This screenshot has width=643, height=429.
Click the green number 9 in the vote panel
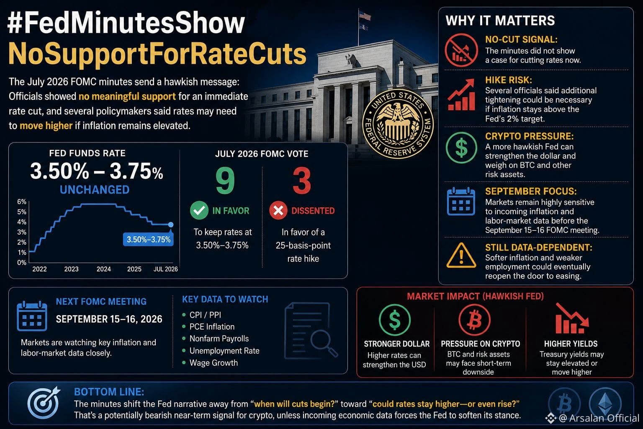tap(225, 181)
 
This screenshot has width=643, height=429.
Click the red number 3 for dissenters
tap(302, 181)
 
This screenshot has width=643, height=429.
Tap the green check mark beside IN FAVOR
tap(199, 210)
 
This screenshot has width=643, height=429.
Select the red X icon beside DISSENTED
tap(278, 210)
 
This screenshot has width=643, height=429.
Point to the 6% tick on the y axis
tap(22, 202)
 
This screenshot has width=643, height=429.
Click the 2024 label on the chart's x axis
tap(104, 269)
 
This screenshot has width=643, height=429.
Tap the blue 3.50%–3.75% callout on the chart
tap(149, 239)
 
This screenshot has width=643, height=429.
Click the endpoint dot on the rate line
tap(170, 225)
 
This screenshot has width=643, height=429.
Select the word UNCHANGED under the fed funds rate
tap(95, 190)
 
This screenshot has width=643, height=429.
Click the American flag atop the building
tap(365, 16)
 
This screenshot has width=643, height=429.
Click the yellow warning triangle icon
tap(461, 256)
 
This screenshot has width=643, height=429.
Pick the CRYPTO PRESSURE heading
tap(529, 136)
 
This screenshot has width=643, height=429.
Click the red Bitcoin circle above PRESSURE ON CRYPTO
tap(474, 320)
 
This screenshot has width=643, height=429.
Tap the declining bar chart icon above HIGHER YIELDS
tap(572, 318)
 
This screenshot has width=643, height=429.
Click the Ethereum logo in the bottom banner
tap(605, 403)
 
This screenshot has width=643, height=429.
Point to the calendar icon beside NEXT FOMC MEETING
tap(32, 316)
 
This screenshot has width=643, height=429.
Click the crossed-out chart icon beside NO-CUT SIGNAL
tap(461, 50)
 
